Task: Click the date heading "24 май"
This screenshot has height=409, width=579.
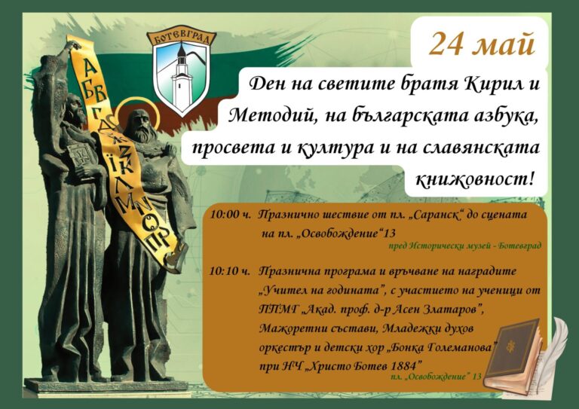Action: tap(482, 44)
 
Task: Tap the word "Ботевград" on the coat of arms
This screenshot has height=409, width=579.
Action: tap(181, 37)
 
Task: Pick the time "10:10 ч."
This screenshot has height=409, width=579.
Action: tap(230, 272)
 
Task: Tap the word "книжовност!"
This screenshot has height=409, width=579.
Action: tap(474, 179)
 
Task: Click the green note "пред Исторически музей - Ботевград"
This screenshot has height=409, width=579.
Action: tap(465, 246)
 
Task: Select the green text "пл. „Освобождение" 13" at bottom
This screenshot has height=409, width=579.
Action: tap(436, 377)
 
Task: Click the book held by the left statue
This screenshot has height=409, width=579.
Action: tap(81, 160)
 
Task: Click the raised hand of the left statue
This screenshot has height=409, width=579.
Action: tap(74, 46)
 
